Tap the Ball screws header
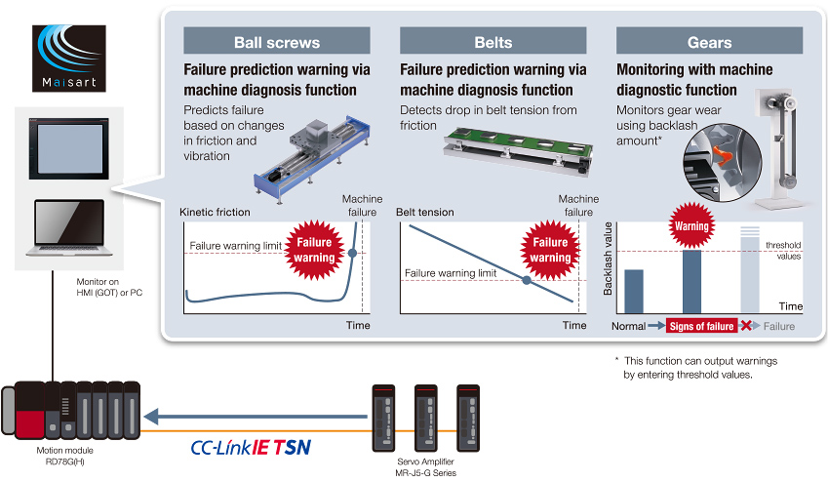pos(277,42)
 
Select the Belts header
pos(493,42)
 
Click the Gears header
pos(709,42)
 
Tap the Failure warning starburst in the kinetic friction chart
pos(315,249)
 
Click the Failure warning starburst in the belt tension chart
pos(551,250)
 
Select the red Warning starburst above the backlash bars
pos(691,225)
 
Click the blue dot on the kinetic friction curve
pos(353,253)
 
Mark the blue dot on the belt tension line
pos(528,280)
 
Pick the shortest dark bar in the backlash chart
pos(634,291)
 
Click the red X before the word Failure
pos(746,326)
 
